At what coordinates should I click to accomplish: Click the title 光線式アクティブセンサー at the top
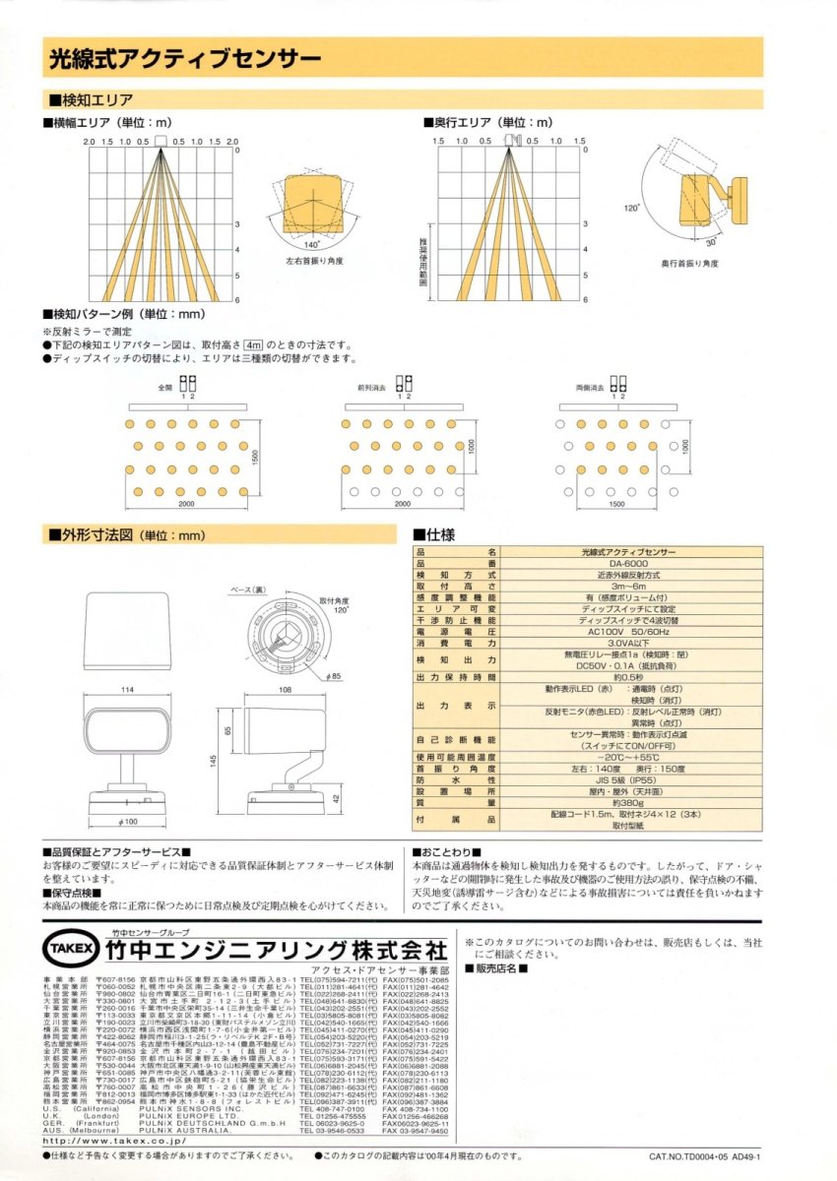pos(171,59)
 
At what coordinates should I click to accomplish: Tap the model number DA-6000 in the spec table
pos(629,563)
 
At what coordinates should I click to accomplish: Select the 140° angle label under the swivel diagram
pos(311,243)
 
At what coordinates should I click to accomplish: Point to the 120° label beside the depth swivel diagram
pos(632,209)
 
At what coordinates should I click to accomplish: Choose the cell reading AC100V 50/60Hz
pos(629,633)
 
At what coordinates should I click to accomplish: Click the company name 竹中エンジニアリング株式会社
pos(275,951)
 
